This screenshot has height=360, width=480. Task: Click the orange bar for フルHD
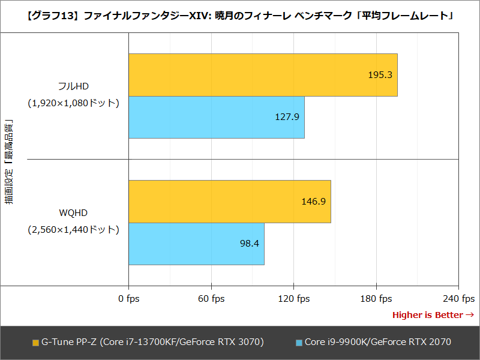tap(263, 75)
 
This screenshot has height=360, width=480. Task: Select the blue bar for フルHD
tap(217, 117)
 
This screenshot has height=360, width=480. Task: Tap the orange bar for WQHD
tap(230, 202)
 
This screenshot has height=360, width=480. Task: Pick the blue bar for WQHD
tap(196, 244)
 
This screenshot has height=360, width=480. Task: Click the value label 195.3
tap(380, 75)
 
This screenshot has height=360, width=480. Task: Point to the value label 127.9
tap(287, 117)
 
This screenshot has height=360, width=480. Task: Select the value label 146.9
tap(313, 202)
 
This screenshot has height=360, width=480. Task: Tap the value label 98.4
tap(249, 244)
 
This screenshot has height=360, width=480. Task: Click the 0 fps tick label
tap(128, 299)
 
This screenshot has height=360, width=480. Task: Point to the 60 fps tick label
tap(211, 299)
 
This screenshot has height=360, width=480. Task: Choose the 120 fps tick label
tap(293, 299)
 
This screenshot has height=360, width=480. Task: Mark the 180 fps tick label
tap(376, 299)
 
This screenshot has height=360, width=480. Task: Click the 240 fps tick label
tap(459, 299)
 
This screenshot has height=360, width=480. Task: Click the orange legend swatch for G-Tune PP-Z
tap(35, 343)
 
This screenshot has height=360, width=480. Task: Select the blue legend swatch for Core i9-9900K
tap(299, 343)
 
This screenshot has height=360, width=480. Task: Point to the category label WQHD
tap(74, 213)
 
